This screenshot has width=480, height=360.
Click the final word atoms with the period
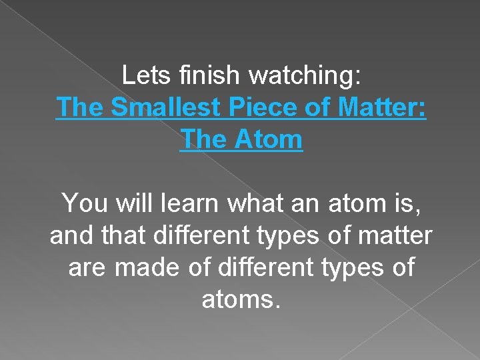click(241, 300)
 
